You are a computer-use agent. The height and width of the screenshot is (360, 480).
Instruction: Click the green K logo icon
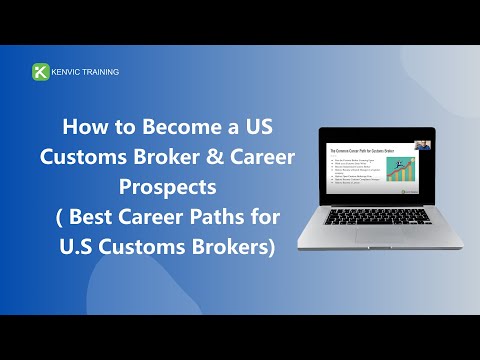coord(41,72)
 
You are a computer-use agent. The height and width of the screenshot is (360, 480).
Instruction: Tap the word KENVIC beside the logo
coord(70,72)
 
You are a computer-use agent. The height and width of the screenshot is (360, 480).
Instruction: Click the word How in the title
coord(83,129)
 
